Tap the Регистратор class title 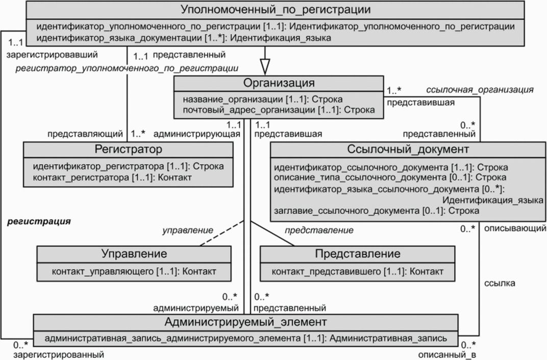click(x=129, y=149)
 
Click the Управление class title click(x=134, y=254)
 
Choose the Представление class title click(x=357, y=254)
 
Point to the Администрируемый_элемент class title click(x=246, y=322)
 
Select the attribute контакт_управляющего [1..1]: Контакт click(x=134, y=271)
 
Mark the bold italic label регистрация click(x=38, y=223)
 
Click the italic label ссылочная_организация click(x=480, y=90)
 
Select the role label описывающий click(x=514, y=228)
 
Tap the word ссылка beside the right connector click(x=500, y=282)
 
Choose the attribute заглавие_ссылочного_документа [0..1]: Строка click(x=376, y=210)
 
